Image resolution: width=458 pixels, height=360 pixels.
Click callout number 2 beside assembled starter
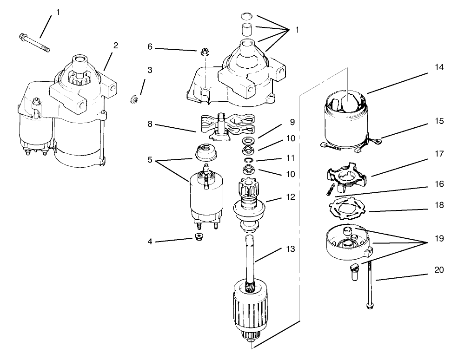pyautogui.click(x=116, y=46)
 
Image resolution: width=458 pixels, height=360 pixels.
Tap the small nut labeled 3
pyautogui.click(x=134, y=99)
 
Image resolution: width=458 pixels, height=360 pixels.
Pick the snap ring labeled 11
pyautogui.click(x=249, y=161)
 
